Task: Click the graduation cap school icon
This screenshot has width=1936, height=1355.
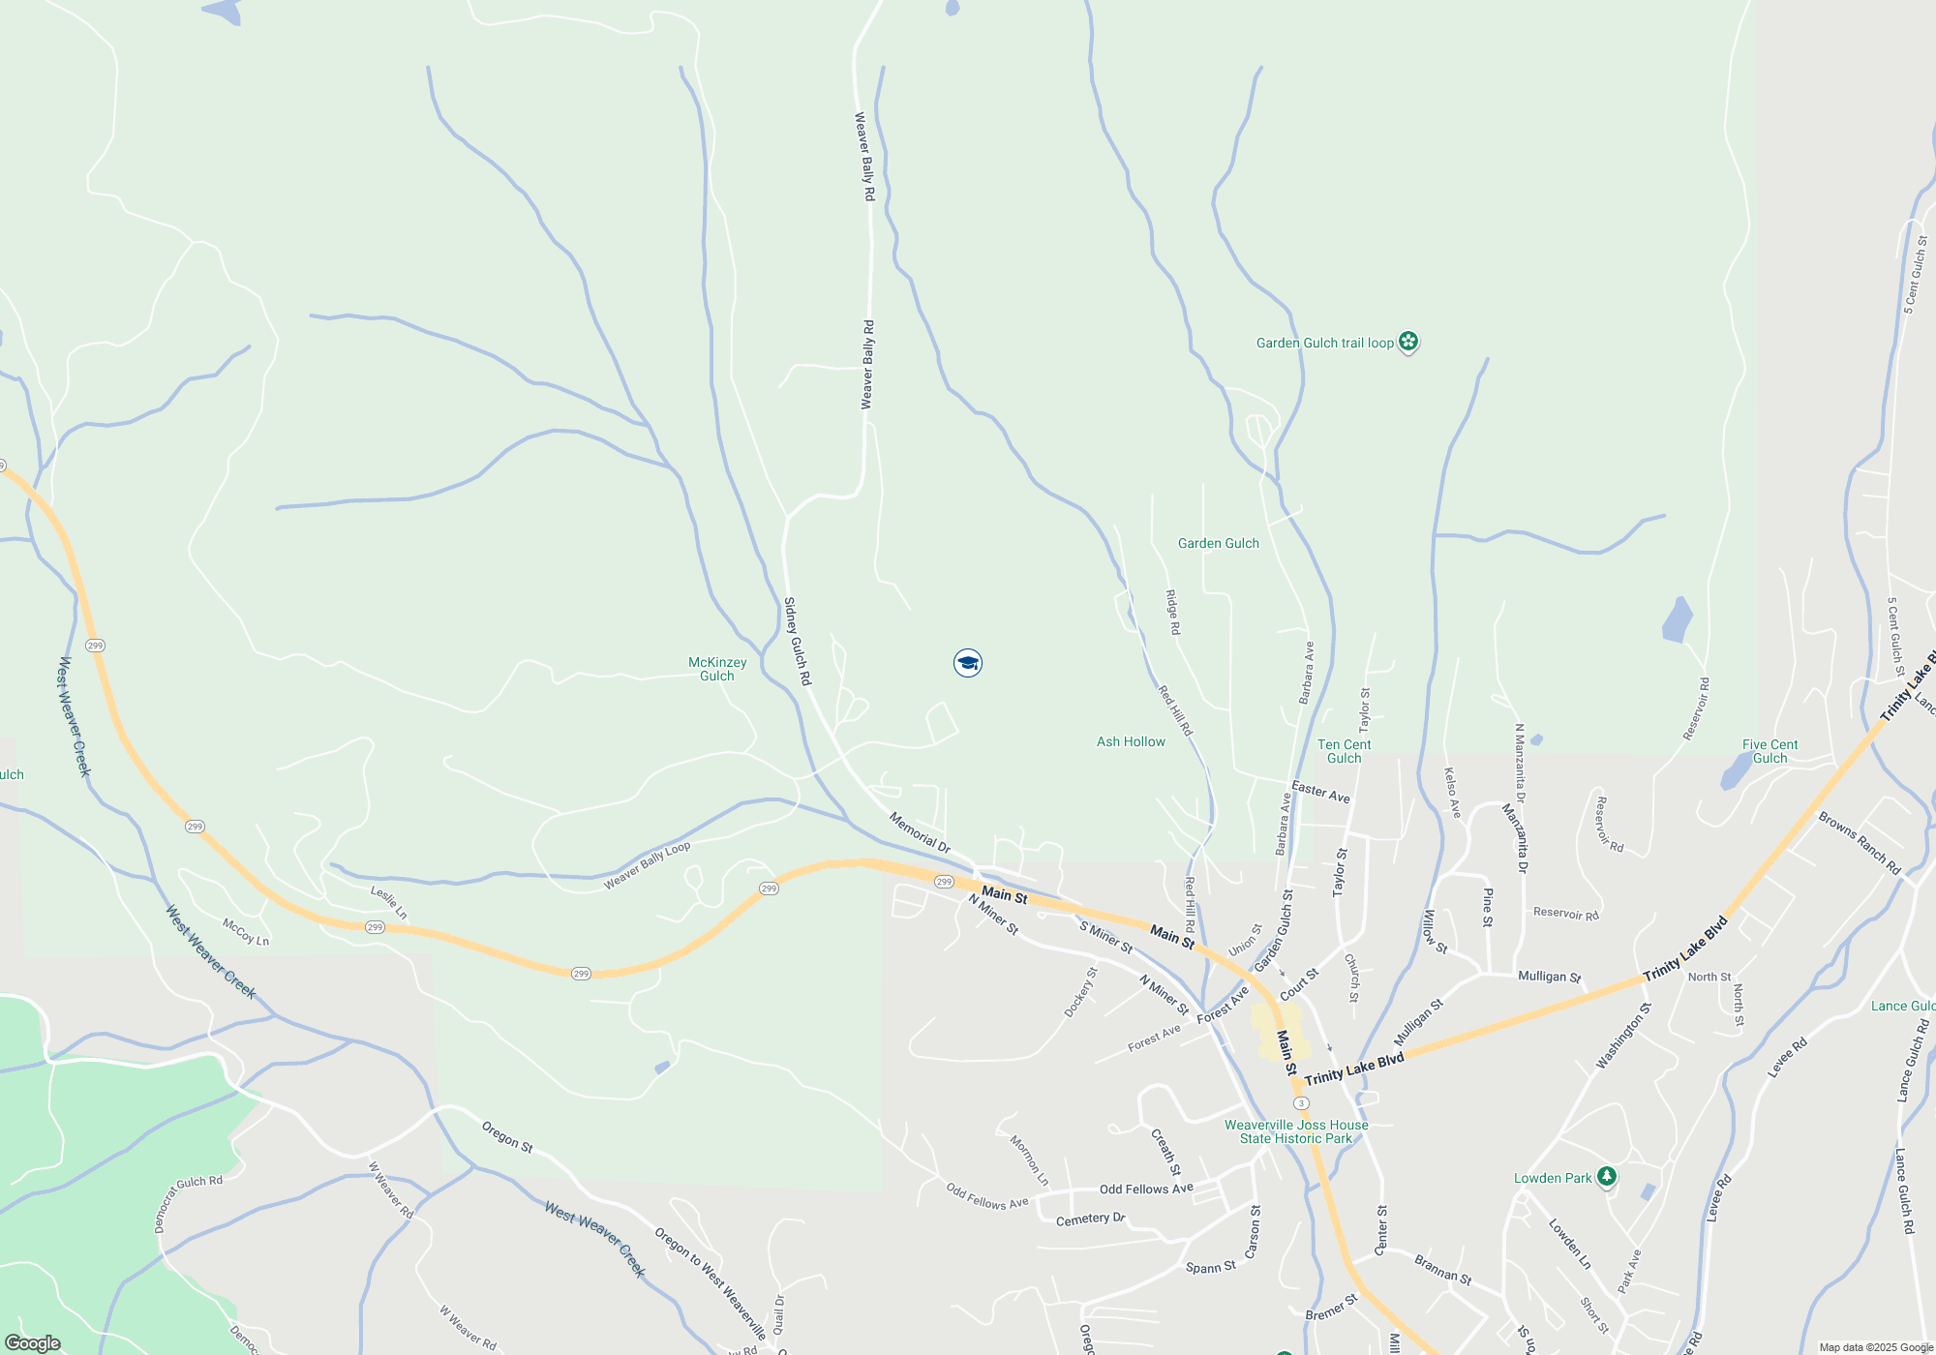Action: tap(967, 663)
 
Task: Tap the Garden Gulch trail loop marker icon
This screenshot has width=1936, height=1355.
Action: tap(1408, 342)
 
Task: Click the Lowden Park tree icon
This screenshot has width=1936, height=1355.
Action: tap(1607, 1177)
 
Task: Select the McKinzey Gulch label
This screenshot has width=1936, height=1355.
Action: tap(717, 669)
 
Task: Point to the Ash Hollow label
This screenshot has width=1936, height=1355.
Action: tap(1131, 741)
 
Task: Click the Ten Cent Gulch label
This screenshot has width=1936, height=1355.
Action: tap(1344, 751)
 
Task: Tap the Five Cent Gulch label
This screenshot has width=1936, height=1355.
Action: tap(1770, 751)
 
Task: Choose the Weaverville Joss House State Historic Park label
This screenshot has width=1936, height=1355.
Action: tap(1296, 1131)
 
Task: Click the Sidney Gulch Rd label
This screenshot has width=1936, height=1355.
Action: tap(797, 642)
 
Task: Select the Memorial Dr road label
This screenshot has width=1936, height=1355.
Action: tap(920, 832)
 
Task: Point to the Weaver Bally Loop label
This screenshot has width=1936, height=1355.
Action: tap(647, 865)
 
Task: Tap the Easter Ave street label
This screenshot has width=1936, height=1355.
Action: tap(1320, 792)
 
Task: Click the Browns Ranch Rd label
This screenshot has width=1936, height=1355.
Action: tap(1859, 842)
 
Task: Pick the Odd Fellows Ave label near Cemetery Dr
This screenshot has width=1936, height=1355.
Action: tap(1146, 1189)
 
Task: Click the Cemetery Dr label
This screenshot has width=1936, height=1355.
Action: tap(1090, 1219)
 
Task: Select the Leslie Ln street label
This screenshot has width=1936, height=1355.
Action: tap(388, 902)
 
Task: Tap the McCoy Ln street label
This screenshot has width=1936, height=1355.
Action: tap(246, 932)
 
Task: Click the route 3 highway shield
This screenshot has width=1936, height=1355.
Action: tap(1301, 1103)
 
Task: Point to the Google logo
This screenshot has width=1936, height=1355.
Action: tap(33, 1343)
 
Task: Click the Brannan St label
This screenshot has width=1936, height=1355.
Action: tap(1442, 1269)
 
